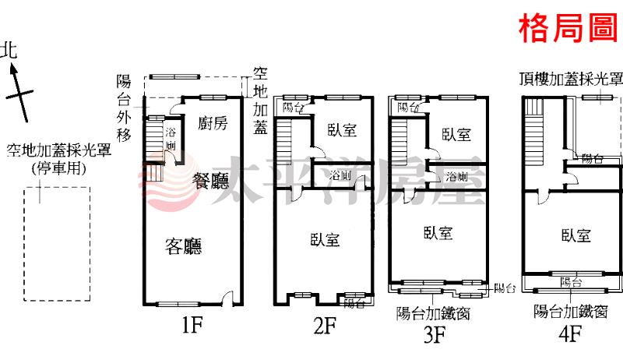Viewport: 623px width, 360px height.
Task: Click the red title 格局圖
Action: [x=569, y=28]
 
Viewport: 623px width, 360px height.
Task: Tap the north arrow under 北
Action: [x=19, y=94]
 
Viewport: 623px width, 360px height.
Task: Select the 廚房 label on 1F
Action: [x=213, y=123]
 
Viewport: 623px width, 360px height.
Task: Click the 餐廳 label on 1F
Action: [x=210, y=182]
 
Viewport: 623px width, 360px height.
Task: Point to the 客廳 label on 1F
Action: [x=184, y=246]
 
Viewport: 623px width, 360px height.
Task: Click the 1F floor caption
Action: [x=192, y=326]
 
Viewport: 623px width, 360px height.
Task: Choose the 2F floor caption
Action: [x=325, y=326]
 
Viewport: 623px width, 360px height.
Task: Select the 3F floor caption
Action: [x=435, y=334]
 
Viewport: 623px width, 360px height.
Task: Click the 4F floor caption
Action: [x=571, y=334]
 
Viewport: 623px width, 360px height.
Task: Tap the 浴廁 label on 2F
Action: [x=340, y=175]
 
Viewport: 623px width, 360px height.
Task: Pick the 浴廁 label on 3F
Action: [x=456, y=176]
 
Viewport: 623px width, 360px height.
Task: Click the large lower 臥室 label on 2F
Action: [x=325, y=239]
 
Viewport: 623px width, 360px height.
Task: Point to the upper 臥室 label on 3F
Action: [x=456, y=135]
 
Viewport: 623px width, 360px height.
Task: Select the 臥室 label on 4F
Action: [x=576, y=235]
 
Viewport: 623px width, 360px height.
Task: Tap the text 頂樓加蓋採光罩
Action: [x=572, y=79]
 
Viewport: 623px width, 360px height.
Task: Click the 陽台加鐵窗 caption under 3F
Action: [x=433, y=313]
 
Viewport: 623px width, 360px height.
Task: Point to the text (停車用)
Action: [x=59, y=168]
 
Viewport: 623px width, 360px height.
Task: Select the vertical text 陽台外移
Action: [x=124, y=108]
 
